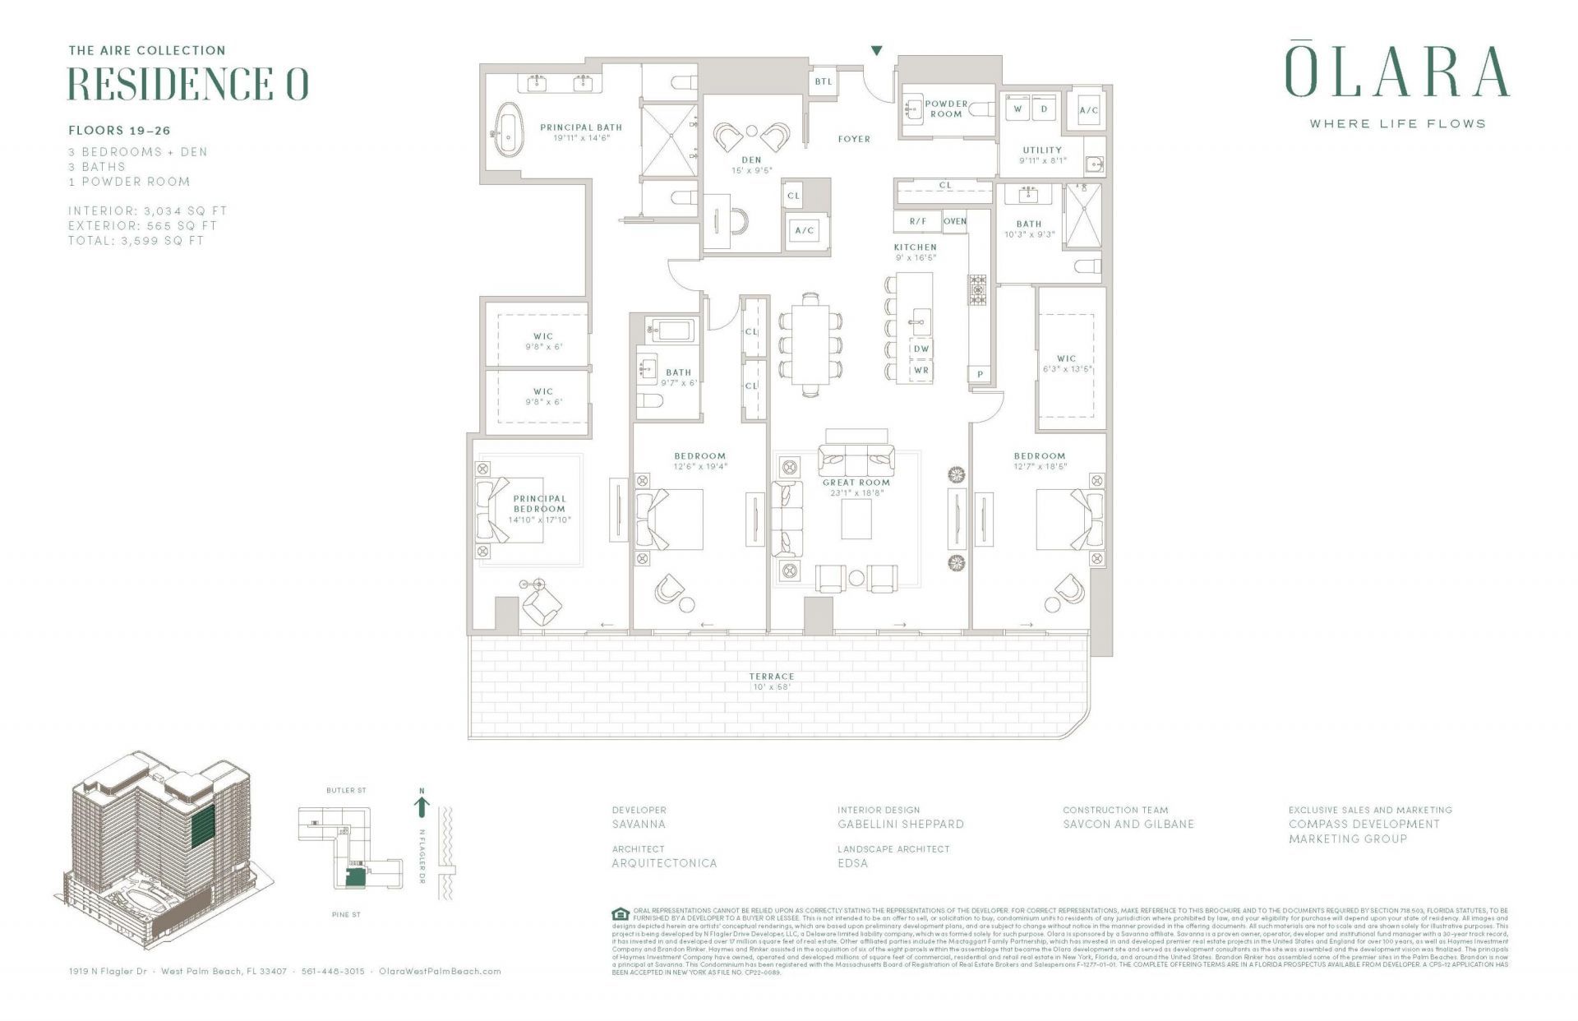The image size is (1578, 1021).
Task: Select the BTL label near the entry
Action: pyautogui.click(x=823, y=81)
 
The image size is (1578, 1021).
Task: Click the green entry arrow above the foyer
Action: pyautogui.click(x=877, y=51)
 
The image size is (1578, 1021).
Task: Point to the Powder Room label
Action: pyautogui.click(x=946, y=109)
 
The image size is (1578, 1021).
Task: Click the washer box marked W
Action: pyautogui.click(x=1017, y=109)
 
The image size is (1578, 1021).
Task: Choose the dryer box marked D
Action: pyautogui.click(x=1044, y=109)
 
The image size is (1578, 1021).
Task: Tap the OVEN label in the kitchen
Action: pyautogui.click(x=954, y=221)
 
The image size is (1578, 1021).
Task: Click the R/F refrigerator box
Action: pyautogui.click(x=917, y=221)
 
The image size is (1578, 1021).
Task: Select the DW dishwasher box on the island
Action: pyautogui.click(x=921, y=349)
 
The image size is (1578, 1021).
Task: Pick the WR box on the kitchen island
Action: pyautogui.click(x=921, y=370)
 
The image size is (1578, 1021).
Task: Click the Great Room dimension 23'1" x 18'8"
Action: pyautogui.click(x=856, y=493)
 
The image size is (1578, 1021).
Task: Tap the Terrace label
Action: pyautogui.click(x=771, y=677)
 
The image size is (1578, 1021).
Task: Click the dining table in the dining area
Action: pyautogui.click(x=810, y=344)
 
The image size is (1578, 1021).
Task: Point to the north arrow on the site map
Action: pyautogui.click(x=422, y=805)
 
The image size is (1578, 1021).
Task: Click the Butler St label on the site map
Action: pyautogui.click(x=346, y=790)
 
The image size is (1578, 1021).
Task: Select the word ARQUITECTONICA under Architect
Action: pyautogui.click(x=664, y=863)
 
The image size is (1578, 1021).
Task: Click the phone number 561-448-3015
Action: pyautogui.click(x=333, y=971)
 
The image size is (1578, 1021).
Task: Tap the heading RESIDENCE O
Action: pyautogui.click(x=187, y=84)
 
